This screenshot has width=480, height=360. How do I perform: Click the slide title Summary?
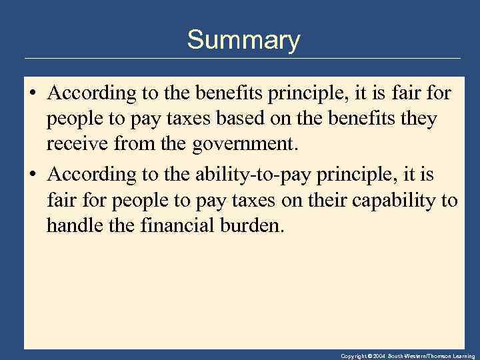(x=243, y=41)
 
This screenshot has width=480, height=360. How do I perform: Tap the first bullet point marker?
(x=32, y=94)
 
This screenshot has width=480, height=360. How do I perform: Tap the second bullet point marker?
(x=32, y=175)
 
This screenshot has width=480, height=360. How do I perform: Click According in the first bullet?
(x=91, y=94)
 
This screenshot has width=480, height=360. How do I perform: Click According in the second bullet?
(x=91, y=174)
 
